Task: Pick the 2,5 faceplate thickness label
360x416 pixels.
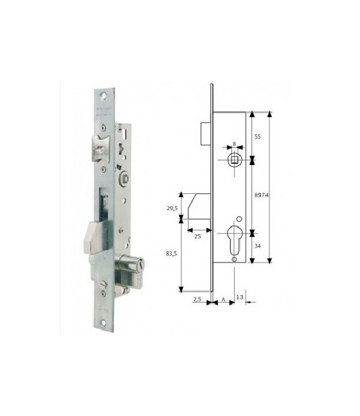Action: click(x=198, y=299)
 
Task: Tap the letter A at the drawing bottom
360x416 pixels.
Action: click(x=223, y=299)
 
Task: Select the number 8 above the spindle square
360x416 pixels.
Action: click(x=235, y=145)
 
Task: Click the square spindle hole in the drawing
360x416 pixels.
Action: click(x=235, y=158)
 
